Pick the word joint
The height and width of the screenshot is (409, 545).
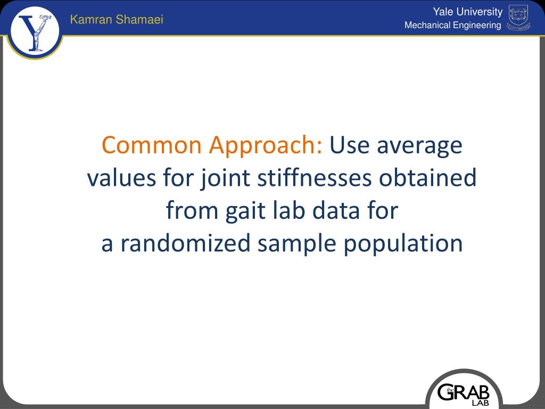225,178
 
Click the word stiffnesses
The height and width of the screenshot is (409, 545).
314,178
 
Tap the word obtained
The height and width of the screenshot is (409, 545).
427,178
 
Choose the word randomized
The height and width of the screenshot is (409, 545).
185,244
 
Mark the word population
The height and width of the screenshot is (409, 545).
403,244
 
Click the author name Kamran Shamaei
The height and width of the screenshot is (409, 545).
117,20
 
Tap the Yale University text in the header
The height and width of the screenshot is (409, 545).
467,12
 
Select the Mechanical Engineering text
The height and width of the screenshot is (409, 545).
452,26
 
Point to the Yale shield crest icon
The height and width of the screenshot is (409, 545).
518,18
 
